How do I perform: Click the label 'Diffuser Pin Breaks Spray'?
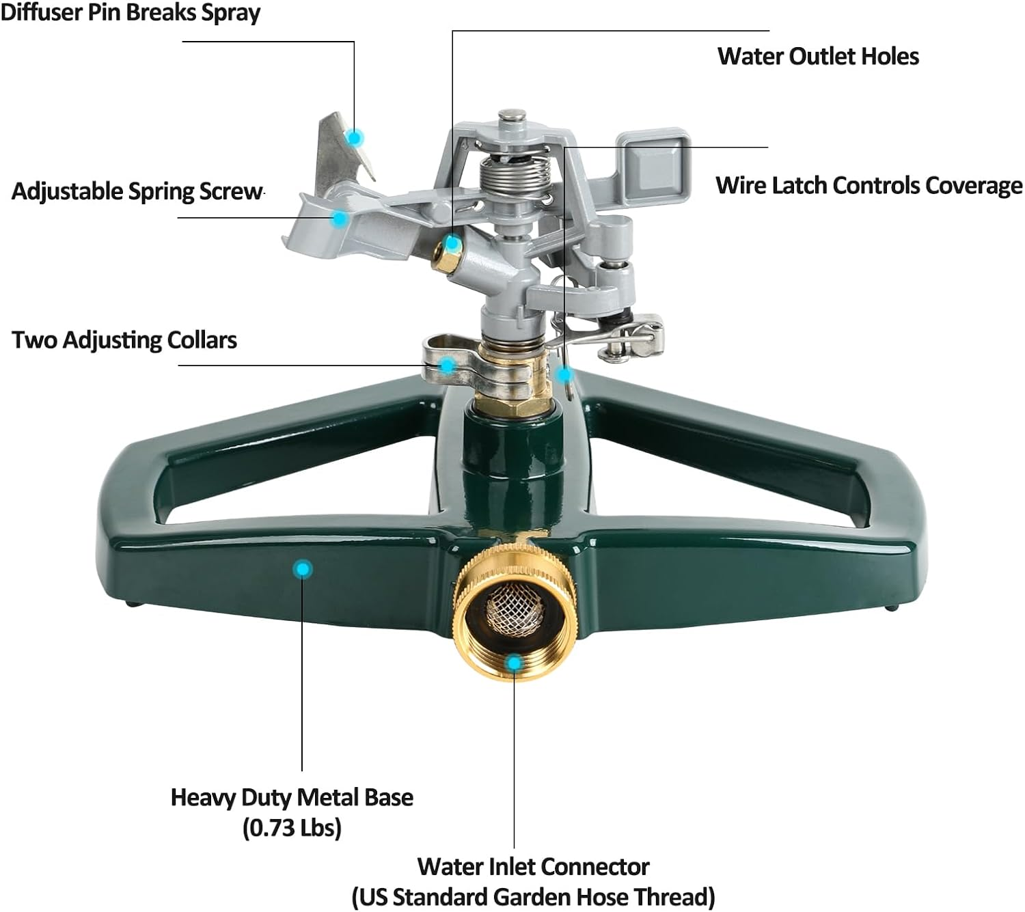(x=130, y=13)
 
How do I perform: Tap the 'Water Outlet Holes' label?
(x=818, y=56)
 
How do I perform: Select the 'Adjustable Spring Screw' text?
(x=137, y=191)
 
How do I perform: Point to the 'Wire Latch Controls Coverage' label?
(x=869, y=185)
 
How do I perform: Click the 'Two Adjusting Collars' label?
(x=124, y=340)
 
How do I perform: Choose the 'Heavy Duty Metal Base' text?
(x=292, y=797)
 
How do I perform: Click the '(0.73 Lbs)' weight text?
(x=292, y=828)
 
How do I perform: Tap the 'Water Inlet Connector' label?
(x=533, y=866)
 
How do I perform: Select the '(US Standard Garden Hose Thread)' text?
(x=533, y=896)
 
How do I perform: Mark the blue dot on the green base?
(x=302, y=568)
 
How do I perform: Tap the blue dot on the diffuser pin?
(x=354, y=138)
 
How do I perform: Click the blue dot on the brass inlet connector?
(x=515, y=663)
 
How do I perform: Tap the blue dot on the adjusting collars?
(x=447, y=365)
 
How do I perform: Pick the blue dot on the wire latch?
(x=564, y=374)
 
